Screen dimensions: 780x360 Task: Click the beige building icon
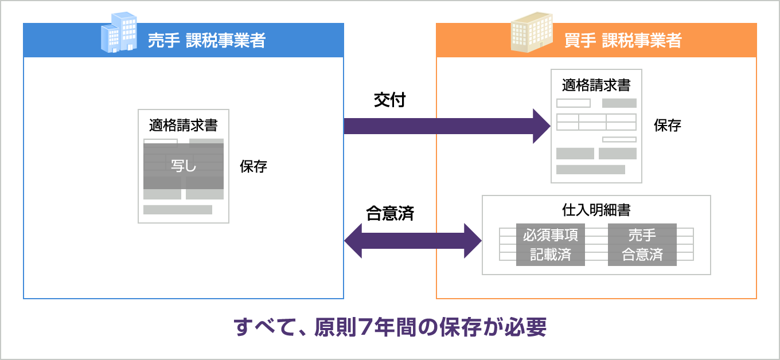(x=532, y=32)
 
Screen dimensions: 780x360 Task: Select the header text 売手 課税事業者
(x=206, y=40)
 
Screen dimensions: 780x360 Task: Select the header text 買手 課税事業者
(x=623, y=40)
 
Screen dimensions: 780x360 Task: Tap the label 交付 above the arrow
(x=389, y=100)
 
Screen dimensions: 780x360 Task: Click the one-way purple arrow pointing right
(x=447, y=126)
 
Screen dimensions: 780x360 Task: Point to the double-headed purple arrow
(x=413, y=241)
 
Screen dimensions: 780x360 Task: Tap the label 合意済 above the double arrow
(x=390, y=213)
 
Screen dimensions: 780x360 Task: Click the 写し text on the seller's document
(x=184, y=166)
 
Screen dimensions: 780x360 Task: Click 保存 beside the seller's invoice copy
(x=253, y=166)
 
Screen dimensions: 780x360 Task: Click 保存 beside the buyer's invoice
(x=667, y=126)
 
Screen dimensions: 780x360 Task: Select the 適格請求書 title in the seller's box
(x=184, y=126)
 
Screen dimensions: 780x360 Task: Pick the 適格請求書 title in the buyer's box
(x=596, y=85)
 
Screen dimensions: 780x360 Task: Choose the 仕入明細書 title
(x=596, y=210)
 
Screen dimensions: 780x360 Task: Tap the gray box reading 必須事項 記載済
(x=550, y=245)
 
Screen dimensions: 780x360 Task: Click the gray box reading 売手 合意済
(x=642, y=245)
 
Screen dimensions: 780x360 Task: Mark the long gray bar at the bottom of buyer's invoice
(x=591, y=170)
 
